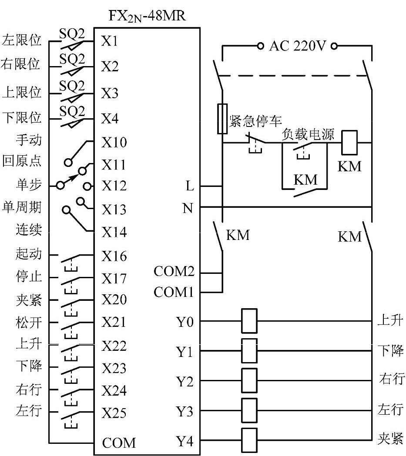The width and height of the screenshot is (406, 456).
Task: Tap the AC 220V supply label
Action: click(297, 45)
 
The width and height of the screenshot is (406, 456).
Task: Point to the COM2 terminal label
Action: click(174, 272)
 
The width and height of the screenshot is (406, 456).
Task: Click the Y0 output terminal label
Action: click(185, 322)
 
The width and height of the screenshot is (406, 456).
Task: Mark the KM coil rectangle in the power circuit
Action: click(349, 142)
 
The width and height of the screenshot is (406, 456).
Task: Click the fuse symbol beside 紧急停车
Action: click(222, 119)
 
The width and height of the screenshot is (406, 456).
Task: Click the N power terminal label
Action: click(188, 208)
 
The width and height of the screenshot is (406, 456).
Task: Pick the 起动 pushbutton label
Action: click(29, 253)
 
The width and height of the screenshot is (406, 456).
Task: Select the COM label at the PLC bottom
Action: click(119, 443)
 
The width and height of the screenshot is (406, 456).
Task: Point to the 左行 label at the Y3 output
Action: click(389, 409)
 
